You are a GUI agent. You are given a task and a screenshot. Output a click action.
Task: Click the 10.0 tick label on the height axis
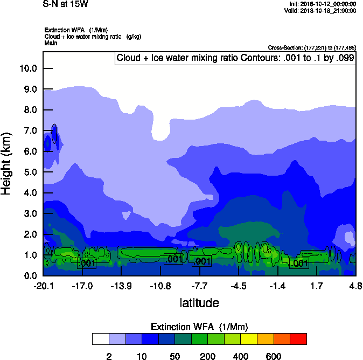pyautogui.click(x=27, y=68)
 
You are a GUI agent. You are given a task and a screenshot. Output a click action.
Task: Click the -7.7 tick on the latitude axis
pyautogui.click(x=199, y=286)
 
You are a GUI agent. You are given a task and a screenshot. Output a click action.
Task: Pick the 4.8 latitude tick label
pyautogui.click(x=355, y=286)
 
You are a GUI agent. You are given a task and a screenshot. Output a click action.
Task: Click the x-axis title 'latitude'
pyautogui.click(x=199, y=303)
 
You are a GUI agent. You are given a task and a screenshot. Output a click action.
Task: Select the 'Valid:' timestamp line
pyautogui.click(x=320, y=10)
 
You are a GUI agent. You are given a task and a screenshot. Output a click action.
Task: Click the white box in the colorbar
pyautogui.click(x=100, y=339)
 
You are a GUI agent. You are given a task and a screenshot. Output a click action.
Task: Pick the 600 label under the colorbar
pyautogui.click(x=274, y=356)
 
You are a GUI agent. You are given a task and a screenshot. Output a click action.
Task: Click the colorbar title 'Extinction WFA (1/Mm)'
pyautogui.click(x=199, y=327)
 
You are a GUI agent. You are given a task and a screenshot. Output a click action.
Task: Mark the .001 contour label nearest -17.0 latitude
pyautogui.click(x=87, y=263)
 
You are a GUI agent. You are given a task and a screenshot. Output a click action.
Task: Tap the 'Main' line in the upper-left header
pyautogui.click(x=51, y=42)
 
